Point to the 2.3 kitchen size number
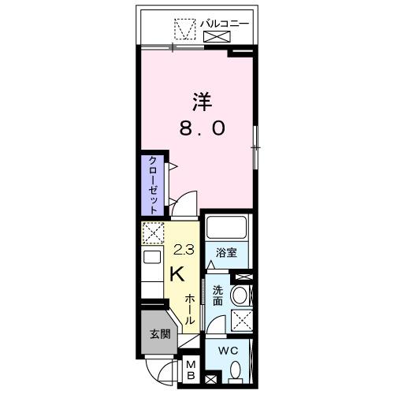(182, 251)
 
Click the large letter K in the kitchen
(179, 273)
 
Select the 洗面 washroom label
(217, 295)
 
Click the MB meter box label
(191, 370)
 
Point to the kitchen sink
(152, 259)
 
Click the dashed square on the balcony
(184, 27)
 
